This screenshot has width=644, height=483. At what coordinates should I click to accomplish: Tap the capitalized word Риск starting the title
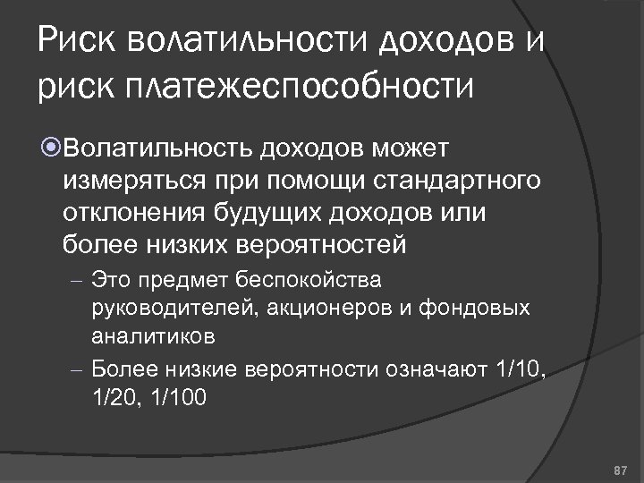coord(76,40)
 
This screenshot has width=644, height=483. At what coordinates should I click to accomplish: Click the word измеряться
coord(132,182)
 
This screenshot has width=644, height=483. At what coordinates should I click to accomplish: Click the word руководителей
coord(160,308)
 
